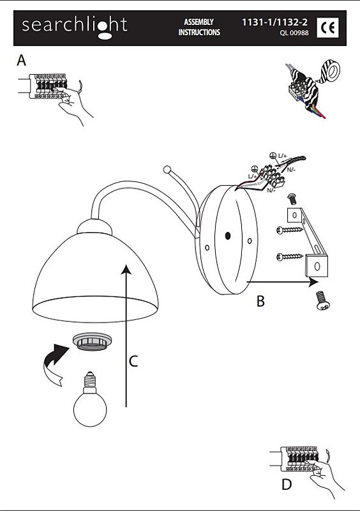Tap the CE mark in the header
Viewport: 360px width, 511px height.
click(327, 27)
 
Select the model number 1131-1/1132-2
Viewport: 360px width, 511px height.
click(274, 22)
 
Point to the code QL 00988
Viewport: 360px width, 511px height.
click(294, 33)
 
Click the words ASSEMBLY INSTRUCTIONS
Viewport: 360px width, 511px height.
click(199, 27)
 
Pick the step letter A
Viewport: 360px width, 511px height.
click(21, 60)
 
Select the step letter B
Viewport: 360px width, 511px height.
click(260, 301)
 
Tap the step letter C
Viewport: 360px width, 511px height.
click(133, 361)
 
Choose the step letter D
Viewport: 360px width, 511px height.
click(287, 485)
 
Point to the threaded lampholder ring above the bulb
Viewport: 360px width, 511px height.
click(93, 342)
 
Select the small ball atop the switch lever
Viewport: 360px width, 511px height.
click(167, 170)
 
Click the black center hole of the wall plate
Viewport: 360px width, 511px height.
click(228, 235)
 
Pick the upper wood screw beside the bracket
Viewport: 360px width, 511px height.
click(289, 230)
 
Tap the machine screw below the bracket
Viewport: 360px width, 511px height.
click(322, 301)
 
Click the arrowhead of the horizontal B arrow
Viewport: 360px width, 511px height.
click(313, 282)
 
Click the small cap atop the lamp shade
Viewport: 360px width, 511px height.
click(95, 227)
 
